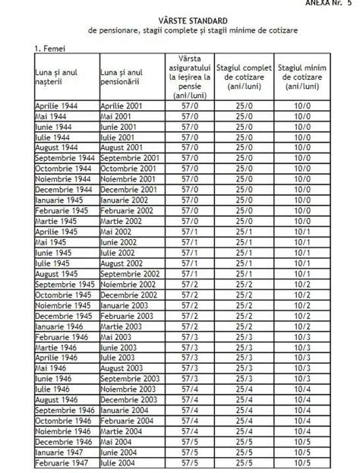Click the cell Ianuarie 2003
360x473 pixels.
pyautogui.click(x=125, y=304)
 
